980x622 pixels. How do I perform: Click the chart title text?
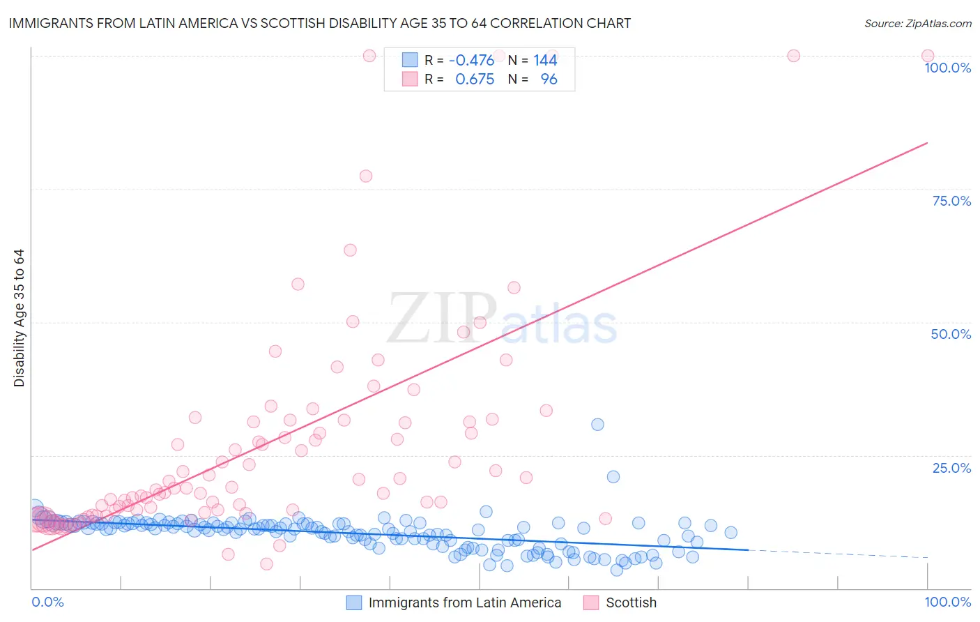pyautogui.click(x=320, y=23)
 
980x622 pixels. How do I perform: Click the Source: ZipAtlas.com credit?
pyautogui.click(x=917, y=23)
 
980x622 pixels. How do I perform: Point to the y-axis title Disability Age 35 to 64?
pyautogui.click(x=19, y=318)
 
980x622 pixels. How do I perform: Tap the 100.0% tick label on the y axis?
pyautogui.click(x=947, y=68)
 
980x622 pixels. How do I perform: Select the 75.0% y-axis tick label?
pyautogui.click(x=951, y=201)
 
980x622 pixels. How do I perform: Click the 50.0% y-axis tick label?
pyautogui.click(x=951, y=334)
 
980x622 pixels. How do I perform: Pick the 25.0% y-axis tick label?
pyautogui.click(x=951, y=467)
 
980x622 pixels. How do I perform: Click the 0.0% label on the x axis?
pyautogui.click(x=47, y=602)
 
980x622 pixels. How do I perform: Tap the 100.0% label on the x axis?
pyautogui.click(x=947, y=602)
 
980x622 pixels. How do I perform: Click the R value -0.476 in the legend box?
pyautogui.click(x=471, y=60)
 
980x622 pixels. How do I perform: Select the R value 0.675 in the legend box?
pyautogui.click(x=475, y=79)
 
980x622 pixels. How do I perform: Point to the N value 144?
pyautogui.click(x=545, y=60)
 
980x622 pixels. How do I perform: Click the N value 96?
pyautogui.click(x=549, y=79)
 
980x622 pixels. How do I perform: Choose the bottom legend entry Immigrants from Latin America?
pyautogui.click(x=464, y=602)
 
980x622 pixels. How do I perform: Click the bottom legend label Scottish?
pyautogui.click(x=631, y=602)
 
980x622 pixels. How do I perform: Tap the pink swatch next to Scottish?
pyautogui.click(x=591, y=602)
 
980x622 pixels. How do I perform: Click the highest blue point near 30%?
pyautogui.click(x=597, y=424)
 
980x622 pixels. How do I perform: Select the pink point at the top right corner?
pyautogui.click(x=927, y=56)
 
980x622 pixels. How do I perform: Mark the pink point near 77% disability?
pyautogui.click(x=366, y=176)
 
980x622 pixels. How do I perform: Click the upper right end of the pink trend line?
pyautogui.click(x=927, y=143)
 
